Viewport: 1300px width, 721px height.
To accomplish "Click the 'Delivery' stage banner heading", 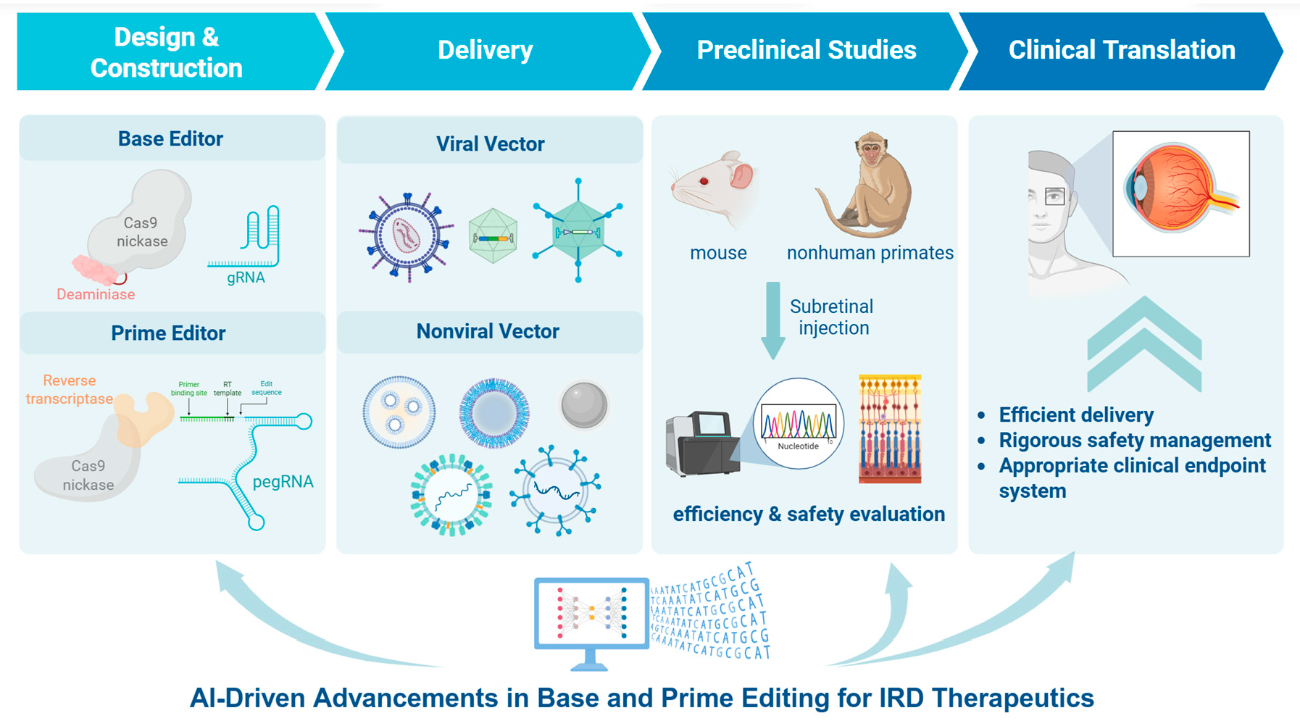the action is pos(485,50).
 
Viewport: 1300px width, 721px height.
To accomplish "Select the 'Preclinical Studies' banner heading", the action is pos(806,50).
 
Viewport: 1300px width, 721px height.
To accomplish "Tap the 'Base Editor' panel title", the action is pos(170,138).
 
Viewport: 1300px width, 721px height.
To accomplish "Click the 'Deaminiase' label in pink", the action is pos(96,294).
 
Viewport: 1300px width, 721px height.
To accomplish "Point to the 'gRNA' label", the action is pos(246,278).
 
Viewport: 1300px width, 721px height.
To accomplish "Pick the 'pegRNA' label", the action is pos(283,482).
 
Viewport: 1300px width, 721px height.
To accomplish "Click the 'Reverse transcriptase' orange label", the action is pos(70,389).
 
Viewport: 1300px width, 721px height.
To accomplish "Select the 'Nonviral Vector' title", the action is pos(488,331).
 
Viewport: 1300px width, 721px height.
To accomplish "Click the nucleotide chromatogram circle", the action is pos(799,424).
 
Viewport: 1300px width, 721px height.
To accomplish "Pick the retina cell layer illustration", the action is pos(890,428).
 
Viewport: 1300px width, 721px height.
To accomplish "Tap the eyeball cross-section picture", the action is pos(1180,193).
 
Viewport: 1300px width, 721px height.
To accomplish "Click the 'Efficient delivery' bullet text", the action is pos(1076,414).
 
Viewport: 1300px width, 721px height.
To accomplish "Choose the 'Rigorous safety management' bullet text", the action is pos(1135,440).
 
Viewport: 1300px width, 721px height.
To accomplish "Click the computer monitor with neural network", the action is pos(591,617).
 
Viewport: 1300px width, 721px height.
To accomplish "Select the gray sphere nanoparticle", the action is pos(583,404).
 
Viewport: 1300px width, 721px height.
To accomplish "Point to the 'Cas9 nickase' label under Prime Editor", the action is pos(88,475).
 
